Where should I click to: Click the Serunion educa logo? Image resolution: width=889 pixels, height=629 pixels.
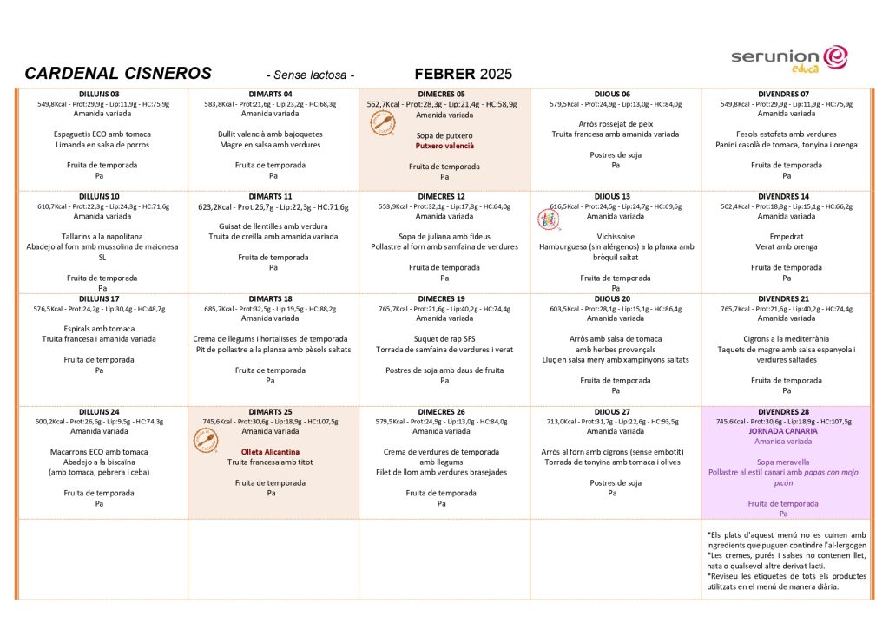(x=788, y=57)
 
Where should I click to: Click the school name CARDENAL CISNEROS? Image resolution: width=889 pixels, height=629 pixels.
(x=117, y=74)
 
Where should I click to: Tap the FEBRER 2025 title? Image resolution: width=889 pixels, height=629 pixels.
(x=464, y=74)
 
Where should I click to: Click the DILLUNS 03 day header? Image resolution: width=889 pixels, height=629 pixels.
(x=99, y=94)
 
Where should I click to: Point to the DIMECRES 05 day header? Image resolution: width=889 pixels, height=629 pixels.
(x=441, y=94)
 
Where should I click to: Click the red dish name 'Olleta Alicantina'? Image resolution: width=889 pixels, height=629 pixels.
(x=270, y=452)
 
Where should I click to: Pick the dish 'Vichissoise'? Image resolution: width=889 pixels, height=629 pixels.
(x=616, y=236)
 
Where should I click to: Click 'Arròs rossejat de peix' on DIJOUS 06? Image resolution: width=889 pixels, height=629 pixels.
(x=616, y=124)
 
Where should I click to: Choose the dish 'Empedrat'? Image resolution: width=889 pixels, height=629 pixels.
(x=787, y=236)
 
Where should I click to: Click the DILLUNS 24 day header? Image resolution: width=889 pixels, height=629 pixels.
(x=99, y=411)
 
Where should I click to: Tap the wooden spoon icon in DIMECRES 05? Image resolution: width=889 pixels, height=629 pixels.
(x=382, y=123)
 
